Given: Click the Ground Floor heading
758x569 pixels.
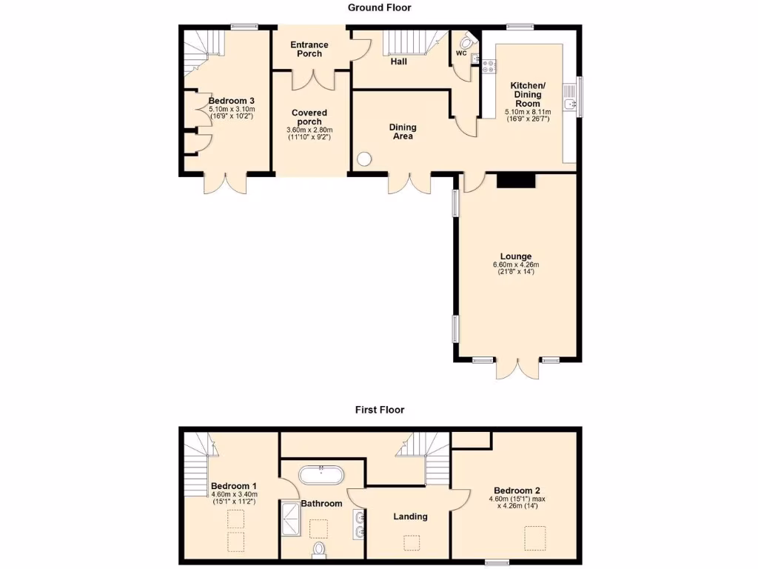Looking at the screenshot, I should [379, 7].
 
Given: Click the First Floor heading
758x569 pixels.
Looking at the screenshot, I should [379, 409].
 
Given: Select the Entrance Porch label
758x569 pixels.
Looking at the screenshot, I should [309, 49].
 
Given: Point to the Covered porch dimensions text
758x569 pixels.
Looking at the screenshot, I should [309, 133].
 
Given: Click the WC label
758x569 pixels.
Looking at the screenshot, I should [461, 53].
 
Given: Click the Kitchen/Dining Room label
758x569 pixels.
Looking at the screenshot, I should [528, 95].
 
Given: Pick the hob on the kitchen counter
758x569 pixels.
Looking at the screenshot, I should [489, 67].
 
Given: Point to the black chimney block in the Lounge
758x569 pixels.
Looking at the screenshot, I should [515, 180].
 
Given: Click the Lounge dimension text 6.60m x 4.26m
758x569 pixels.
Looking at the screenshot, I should [516, 264].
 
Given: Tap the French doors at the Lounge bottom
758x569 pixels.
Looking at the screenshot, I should [515, 368].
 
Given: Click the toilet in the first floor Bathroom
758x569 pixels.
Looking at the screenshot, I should [320, 549].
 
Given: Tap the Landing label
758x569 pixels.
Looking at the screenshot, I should [410, 516].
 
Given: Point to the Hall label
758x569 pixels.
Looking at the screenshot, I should [399, 61].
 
